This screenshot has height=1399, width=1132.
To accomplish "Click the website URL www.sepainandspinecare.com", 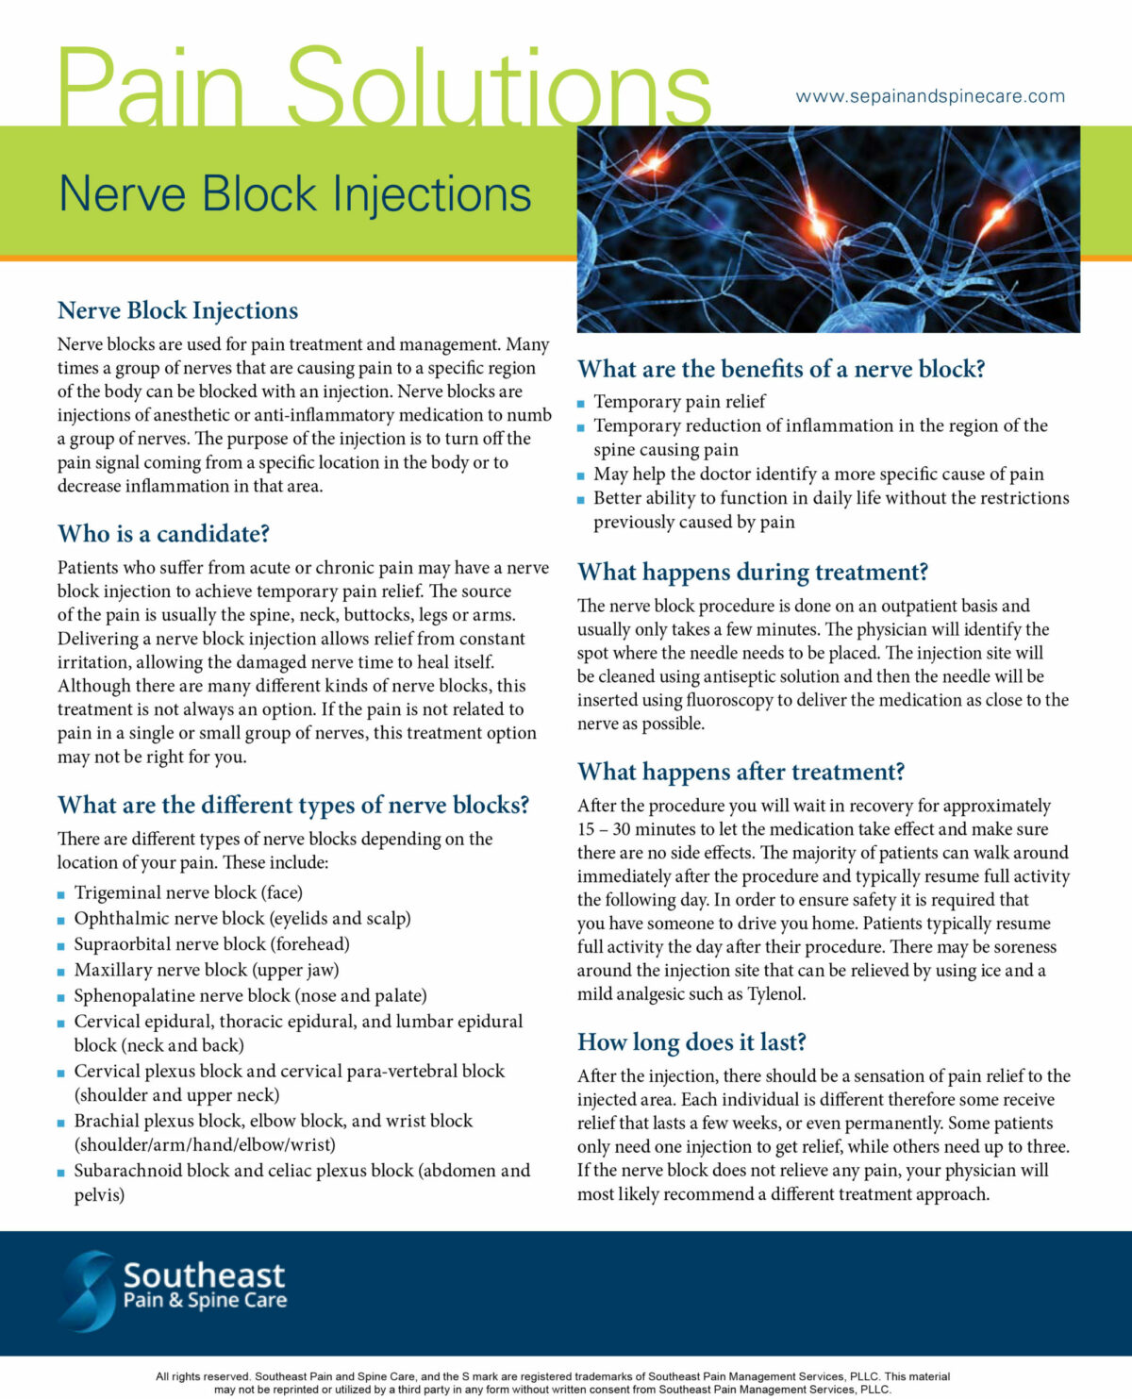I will point(929,96).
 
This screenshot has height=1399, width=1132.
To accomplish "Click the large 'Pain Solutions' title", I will point(383,87).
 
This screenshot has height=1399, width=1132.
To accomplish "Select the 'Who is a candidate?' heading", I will point(163,534).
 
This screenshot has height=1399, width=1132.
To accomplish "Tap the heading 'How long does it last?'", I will point(691,1042).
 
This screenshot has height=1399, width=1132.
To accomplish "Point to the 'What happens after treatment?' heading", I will point(741,773).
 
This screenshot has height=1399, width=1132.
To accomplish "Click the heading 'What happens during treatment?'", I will point(753,573).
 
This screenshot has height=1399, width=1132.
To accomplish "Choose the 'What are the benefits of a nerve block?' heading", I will point(781,369).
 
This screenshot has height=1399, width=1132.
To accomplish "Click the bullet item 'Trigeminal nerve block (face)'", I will point(188,892).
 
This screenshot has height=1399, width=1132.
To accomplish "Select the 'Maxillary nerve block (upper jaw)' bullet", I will point(206,970).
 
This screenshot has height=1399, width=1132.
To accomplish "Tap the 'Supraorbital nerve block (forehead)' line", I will point(211,944).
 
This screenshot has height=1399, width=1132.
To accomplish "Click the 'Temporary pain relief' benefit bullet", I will point(679,402).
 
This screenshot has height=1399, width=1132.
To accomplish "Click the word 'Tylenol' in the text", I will point(775,994).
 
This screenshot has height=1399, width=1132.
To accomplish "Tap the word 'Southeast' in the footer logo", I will point(204,1275).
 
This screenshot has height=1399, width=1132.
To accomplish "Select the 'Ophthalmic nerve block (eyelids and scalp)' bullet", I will point(242,919).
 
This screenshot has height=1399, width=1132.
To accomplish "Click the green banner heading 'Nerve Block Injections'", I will point(294,194).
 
